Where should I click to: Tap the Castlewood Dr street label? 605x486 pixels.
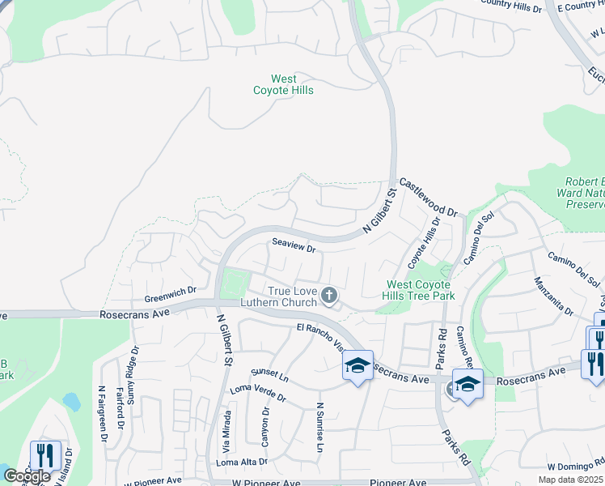tap(428, 198)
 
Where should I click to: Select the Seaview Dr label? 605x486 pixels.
tap(294, 245)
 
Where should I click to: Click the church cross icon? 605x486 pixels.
tap(328, 296)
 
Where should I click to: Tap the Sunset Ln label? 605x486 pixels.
tap(269, 377)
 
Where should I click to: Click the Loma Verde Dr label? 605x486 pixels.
tap(258, 393)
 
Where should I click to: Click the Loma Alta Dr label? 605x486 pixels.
tap(241, 462)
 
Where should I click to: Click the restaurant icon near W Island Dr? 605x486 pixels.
tap(44, 454)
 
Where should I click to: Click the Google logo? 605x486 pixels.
tap(26, 476)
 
